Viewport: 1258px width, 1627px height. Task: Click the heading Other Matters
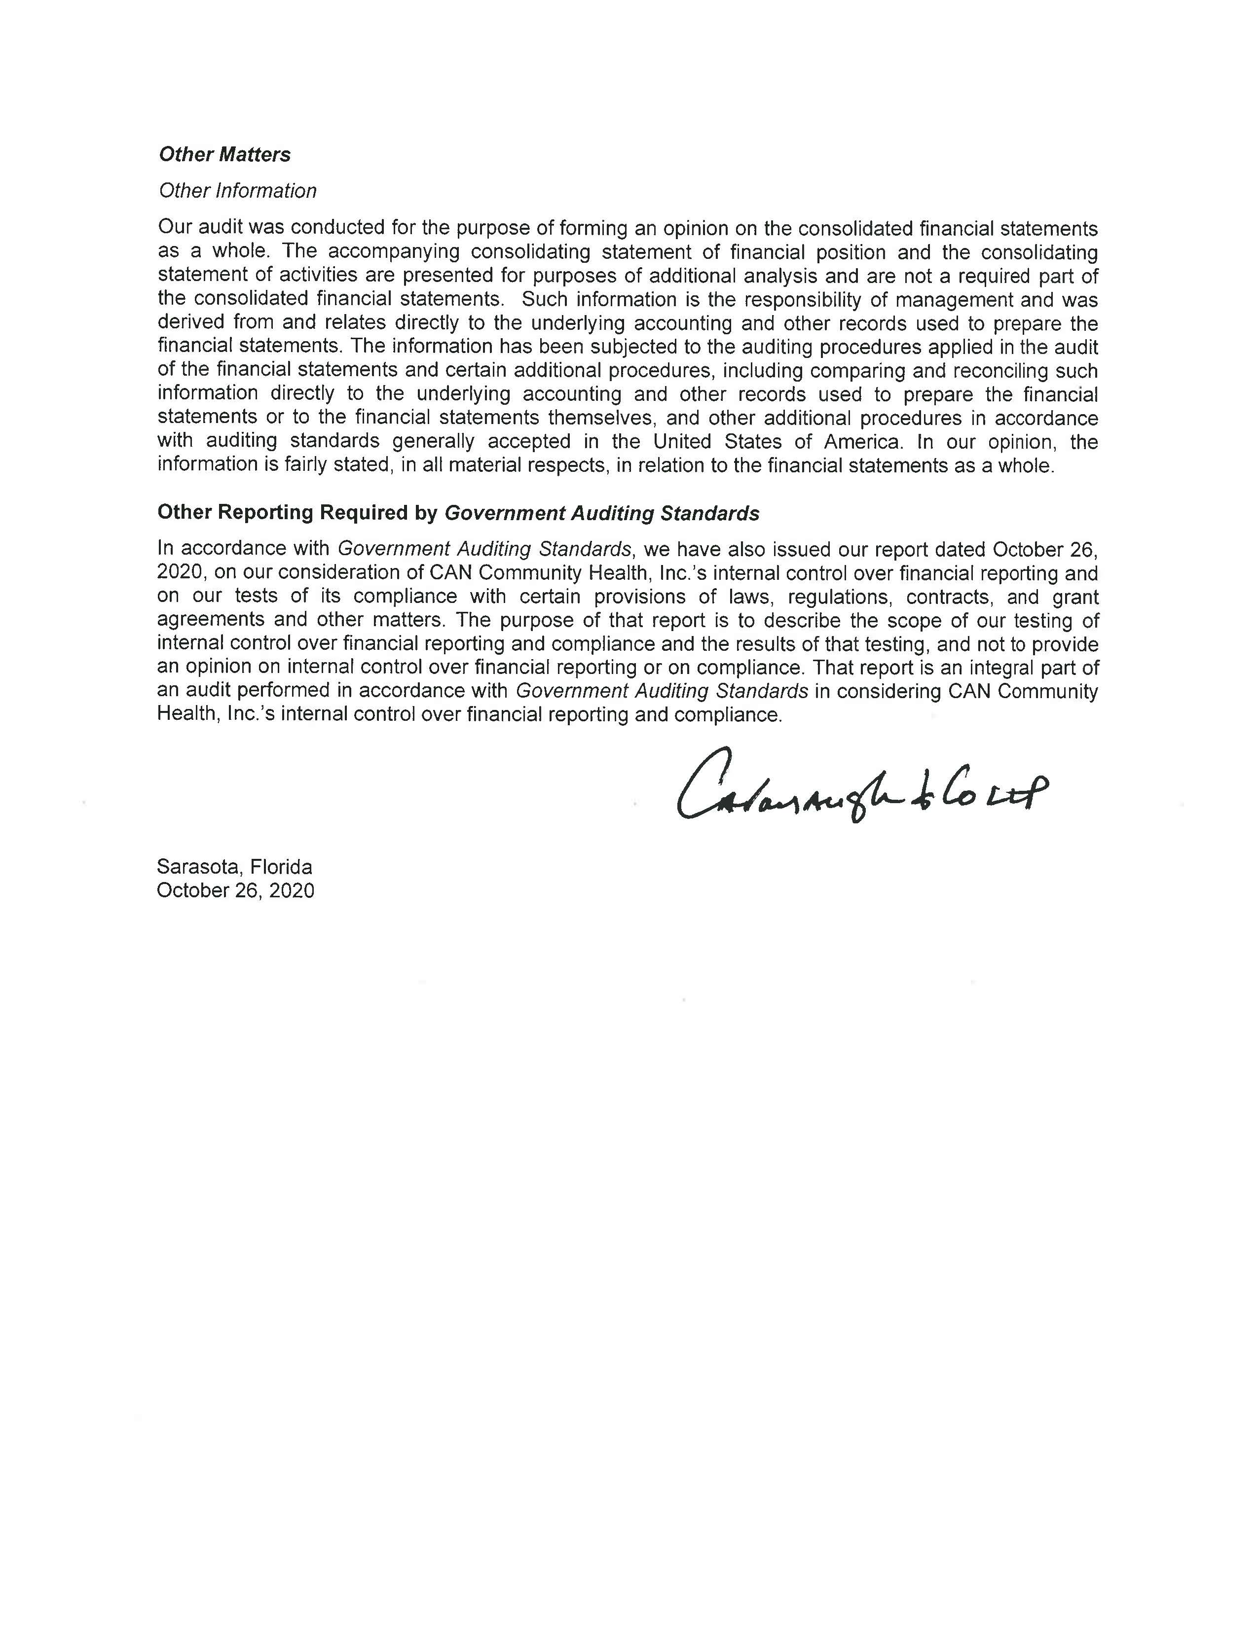[x=225, y=154]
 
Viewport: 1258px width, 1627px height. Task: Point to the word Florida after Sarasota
[x=281, y=867]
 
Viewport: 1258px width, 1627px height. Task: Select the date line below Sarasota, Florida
[x=235, y=890]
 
